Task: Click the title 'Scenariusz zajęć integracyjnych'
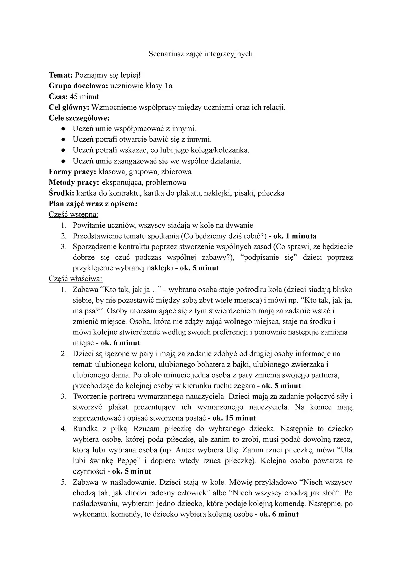click(x=200, y=54)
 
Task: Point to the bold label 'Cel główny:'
click(x=69, y=107)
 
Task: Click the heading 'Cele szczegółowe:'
click(x=79, y=118)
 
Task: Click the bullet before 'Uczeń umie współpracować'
click(x=63, y=129)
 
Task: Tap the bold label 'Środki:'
click(x=62, y=193)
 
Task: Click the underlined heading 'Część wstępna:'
click(x=73, y=214)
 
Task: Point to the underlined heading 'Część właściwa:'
click(x=75, y=279)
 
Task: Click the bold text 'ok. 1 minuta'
click(x=295, y=236)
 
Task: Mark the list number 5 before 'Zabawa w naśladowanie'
click(x=63, y=482)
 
